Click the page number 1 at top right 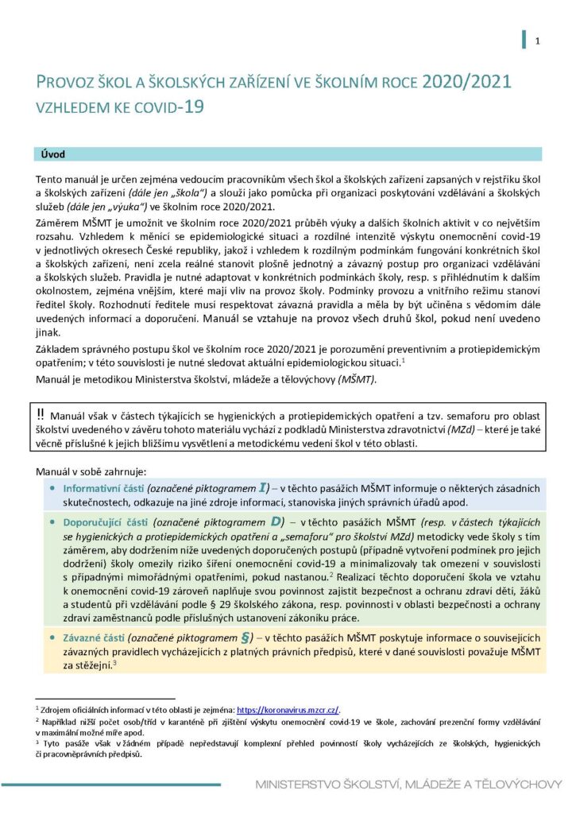pyautogui.click(x=538, y=41)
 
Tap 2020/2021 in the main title pyautogui.click(x=467, y=82)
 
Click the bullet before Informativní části pyautogui.click(x=52, y=488)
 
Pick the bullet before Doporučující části pyautogui.click(x=52, y=523)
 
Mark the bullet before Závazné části pyautogui.click(x=52, y=638)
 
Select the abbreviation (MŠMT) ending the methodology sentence pyautogui.click(x=357, y=380)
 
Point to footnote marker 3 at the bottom pyautogui.click(x=37, y=742)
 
